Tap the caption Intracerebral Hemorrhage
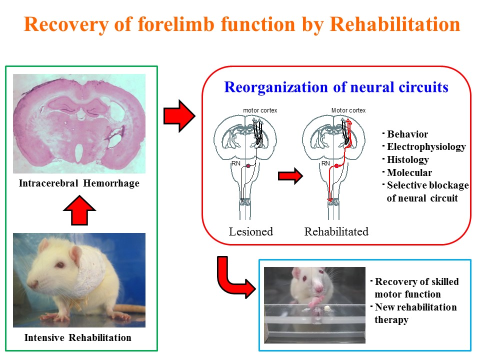pos(79,183)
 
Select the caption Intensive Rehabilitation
pos(78,337)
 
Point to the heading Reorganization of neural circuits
pos(336,87)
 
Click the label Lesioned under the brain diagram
pos(251,231)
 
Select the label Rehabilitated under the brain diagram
pos(336,231)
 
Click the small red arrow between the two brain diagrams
pos(290,176)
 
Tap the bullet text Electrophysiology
pos(426,147)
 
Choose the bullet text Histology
pos(408,160)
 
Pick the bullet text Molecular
pos(409,173)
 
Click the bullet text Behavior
pos(407,134)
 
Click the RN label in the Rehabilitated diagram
pos(325,163)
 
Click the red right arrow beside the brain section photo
pos(178,116)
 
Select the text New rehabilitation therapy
pos(415,313)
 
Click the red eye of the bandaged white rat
pos(61,264)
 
